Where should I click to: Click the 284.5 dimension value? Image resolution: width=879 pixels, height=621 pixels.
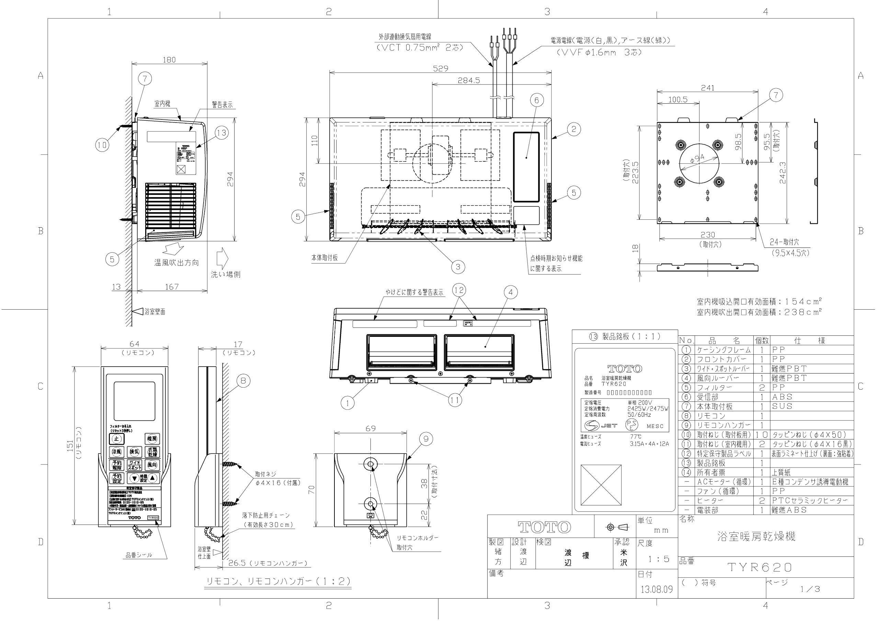[x=469, y=80]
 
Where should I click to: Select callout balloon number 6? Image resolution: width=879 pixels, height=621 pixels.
[x=536, y=100]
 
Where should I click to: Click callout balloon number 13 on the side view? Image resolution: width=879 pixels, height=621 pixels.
[x=221, y=133]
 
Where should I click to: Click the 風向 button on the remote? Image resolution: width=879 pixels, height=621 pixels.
[x=152, y=465]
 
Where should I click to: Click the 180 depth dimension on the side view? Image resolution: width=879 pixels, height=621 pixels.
[x=169, y=60]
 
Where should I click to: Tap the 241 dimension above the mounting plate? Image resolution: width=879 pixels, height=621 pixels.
[x=707, y=88]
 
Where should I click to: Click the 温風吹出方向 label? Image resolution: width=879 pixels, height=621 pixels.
[x=176, y=263]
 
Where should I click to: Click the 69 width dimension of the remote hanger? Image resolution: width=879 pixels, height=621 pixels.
[x=370, y=428]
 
